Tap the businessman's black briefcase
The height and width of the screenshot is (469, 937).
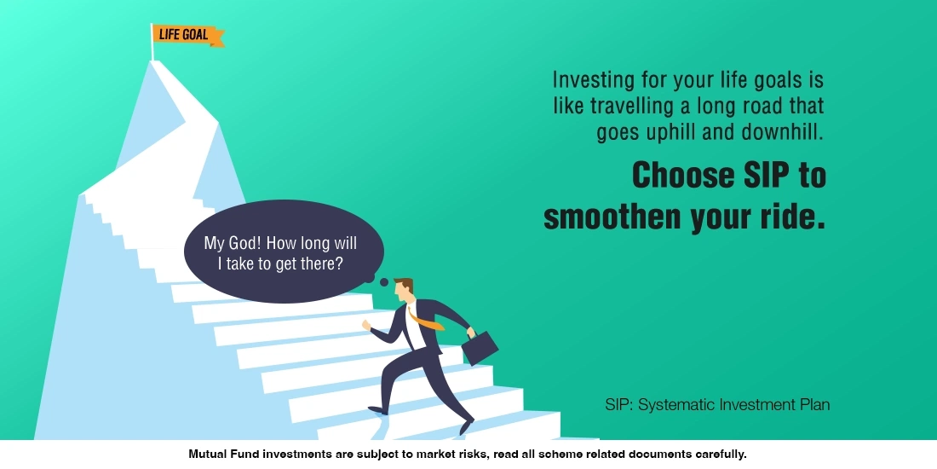(480, 348)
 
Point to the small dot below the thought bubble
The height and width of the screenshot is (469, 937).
(384, 282)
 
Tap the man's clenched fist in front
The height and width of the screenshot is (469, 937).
(366, 324)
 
